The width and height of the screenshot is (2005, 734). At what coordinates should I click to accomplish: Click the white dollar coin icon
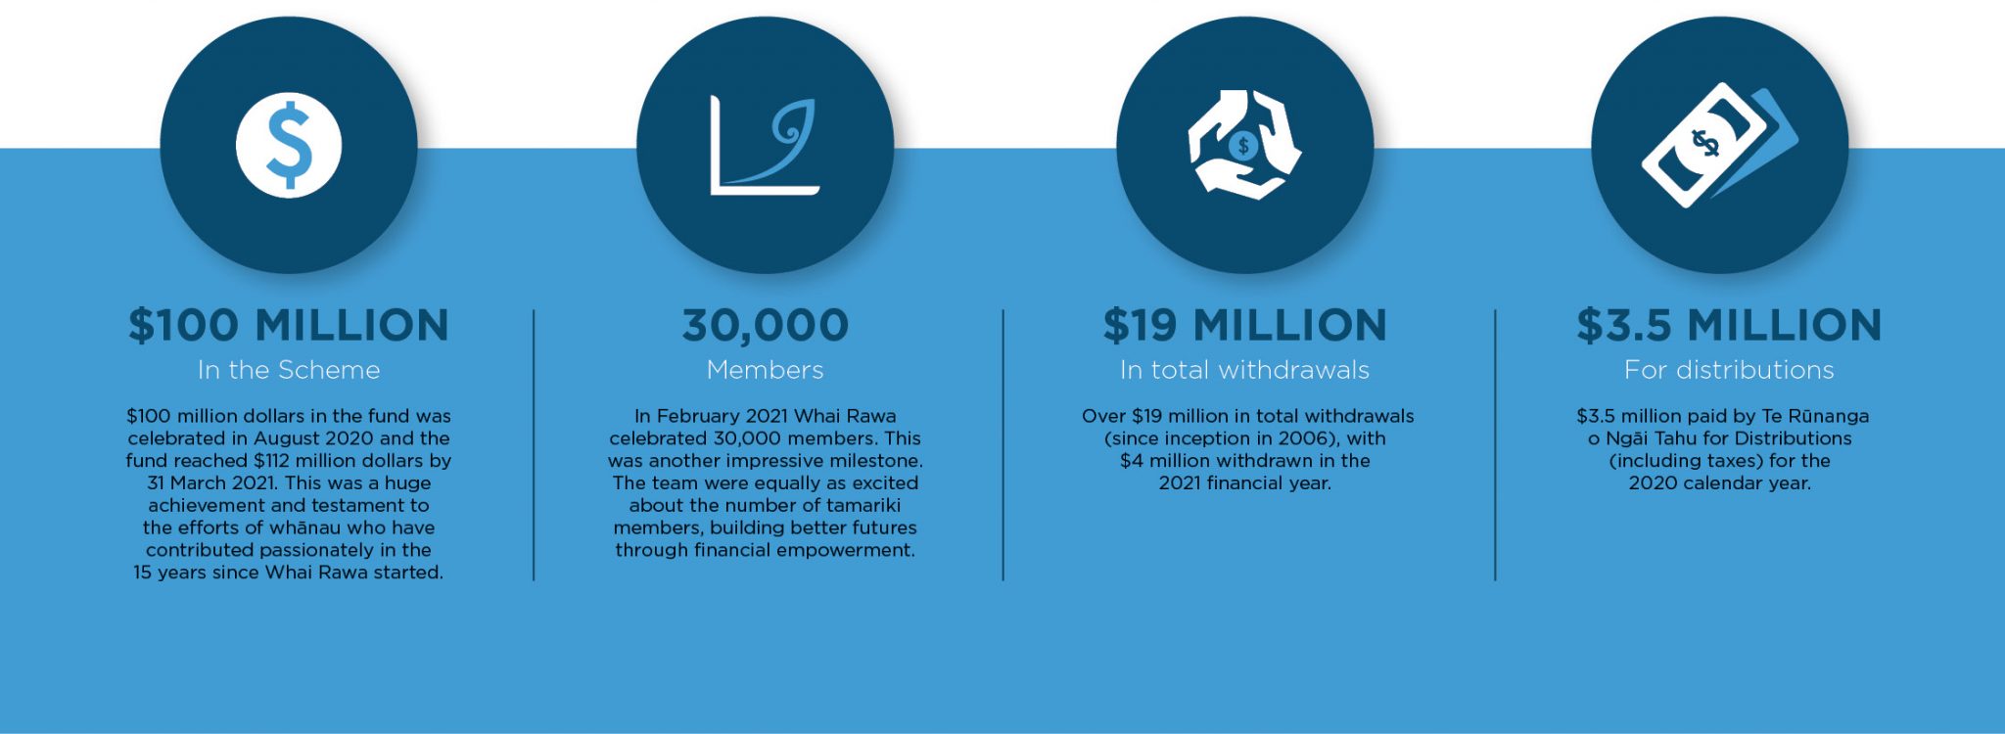289,146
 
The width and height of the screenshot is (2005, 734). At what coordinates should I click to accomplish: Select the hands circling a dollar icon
1244,146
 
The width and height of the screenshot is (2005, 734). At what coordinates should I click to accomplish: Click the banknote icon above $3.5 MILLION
1720,145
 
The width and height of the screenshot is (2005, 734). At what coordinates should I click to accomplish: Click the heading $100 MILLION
289,325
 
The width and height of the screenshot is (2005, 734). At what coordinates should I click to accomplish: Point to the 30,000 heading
766,326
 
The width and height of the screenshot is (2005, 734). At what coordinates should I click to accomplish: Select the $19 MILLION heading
1245,325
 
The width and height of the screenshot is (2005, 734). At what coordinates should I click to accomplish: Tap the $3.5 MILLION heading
1729,325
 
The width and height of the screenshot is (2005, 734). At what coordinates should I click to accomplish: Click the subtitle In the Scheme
289,370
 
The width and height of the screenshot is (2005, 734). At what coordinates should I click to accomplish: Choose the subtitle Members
766,370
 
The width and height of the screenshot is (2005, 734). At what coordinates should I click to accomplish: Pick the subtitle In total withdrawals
1245,370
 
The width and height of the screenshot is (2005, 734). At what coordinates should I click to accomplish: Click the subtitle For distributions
1729,370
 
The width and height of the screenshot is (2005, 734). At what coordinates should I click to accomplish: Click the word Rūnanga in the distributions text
1829,416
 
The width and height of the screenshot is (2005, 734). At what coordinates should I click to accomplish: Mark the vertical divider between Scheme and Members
534,445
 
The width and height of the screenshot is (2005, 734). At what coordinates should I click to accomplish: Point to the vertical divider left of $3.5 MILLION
1495,445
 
